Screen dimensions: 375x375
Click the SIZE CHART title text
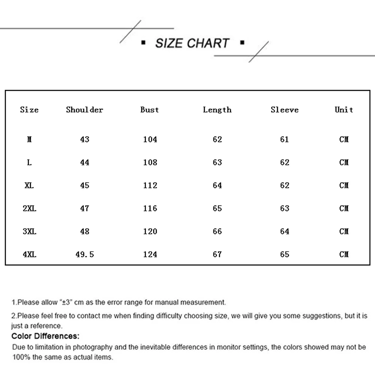point(192,43)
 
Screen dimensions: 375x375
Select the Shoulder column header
point(84,109)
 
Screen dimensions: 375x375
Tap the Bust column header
point(150,109)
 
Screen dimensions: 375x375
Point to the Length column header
point(217,109)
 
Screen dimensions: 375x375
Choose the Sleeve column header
point(285,109)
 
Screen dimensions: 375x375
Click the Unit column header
point(344,109)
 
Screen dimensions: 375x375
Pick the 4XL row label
point(29,254)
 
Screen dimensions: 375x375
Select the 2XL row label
point(29,208)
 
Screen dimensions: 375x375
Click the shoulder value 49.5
point(84,254)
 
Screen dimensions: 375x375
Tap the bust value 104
point(150,139)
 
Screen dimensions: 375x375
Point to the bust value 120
point(150,231)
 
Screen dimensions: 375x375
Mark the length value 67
point(217,254)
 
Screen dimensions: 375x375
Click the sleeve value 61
point(285,139)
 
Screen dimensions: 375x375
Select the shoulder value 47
point(85,208)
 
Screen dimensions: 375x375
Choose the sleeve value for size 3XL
point(285,231)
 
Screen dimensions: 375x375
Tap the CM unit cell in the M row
point(344,139)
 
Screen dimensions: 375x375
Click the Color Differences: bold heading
point(45,336)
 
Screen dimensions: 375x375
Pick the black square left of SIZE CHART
point(143,43)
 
